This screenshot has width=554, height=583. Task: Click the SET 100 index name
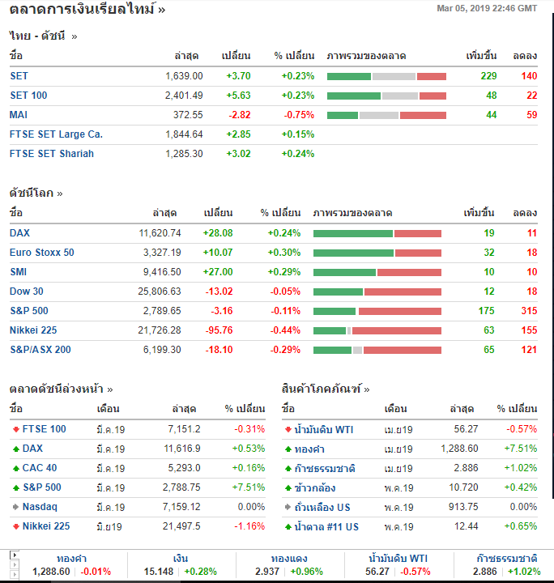pyautogui.click(x=28, y=95)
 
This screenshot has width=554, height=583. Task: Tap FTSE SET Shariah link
pyautogui.click(x=52, y=153)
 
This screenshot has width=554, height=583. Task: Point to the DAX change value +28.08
pyautogui.click(x=216, y=232)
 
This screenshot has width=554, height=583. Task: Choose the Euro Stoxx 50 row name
pyautogui.click(x=41, y=252)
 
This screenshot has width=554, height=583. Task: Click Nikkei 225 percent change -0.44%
pyautogui.click(x=283, y=330)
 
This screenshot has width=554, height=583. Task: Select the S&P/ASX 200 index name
pyautogui.click(x=40, y=349)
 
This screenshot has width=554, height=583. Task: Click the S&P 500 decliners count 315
pyautogui.click(x=529, y=310)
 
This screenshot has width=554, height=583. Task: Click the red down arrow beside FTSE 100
pyautogui.click(x=15, y=429)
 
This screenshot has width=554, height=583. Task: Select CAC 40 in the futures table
pyautogui.click(x=40, y=468)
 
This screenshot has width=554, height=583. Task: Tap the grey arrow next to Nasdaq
pyautogui.click(x=15, y=507)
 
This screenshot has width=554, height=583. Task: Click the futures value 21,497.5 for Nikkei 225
pyautogui.click(x=181, y=526)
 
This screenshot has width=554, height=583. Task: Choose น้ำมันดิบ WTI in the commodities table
pyautogui.click(x=324, y=429)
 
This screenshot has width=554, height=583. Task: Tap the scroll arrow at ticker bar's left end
pyautogui.click(x=14, y=555)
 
